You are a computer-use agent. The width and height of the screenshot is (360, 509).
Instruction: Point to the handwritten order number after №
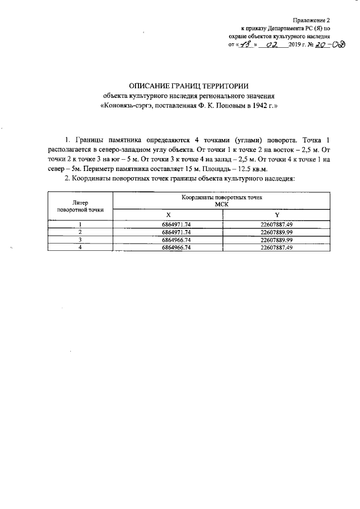click(326, 44)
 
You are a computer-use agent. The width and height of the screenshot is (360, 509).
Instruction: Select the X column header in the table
click(168, 215)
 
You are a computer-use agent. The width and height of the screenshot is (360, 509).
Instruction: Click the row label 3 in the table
click(80, 239)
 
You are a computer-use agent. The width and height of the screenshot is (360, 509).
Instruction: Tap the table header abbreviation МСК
click(222, 205)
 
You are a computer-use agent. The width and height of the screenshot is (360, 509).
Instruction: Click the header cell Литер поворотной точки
click(80, 206)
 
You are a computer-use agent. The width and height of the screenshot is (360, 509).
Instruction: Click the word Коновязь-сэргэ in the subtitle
click(127, 105)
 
